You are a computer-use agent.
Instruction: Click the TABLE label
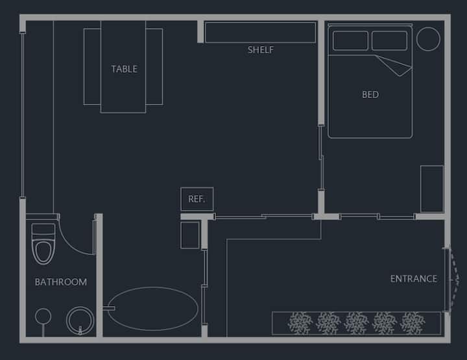(124, 69)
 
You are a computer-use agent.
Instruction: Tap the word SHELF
(261, 50)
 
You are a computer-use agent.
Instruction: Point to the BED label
(370, 95)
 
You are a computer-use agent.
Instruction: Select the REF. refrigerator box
(197, 199)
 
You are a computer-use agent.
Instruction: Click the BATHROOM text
(61, 282)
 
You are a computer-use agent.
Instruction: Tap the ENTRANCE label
(414, 279)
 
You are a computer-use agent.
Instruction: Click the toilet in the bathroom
(43, 244)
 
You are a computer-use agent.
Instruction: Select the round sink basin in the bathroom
(80, 320)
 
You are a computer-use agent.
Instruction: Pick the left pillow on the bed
(350, 40)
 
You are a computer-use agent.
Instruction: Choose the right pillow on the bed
(389, 40)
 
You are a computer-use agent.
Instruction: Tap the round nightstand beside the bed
(428, 39)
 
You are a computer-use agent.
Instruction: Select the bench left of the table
(92, 67)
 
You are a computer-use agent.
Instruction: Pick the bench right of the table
(154, 67)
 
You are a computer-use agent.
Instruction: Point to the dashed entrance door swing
(455, 280)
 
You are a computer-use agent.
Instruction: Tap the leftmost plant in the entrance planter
(300, 323)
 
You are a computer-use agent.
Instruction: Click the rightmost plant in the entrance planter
(413, 323)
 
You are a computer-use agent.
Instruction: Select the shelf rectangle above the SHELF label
(260, 32)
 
